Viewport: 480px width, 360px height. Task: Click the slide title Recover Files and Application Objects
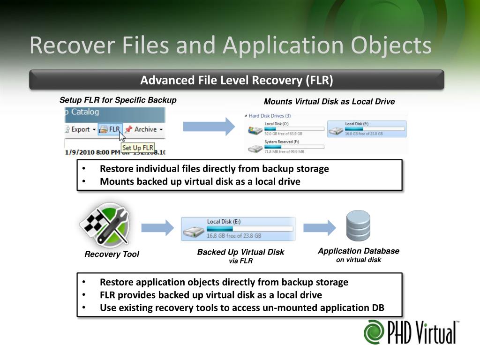[x=230, y=46]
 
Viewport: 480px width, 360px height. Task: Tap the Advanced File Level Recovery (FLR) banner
[x=237, y=80]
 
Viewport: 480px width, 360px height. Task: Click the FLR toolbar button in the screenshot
[x=111, y=129]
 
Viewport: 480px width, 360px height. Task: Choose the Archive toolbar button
[x=143, y=129]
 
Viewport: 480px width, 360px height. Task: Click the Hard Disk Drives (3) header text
[x=270, y=115]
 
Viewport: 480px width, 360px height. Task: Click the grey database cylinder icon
[x=358, y=225]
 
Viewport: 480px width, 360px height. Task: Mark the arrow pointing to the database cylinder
[x=320, y=228]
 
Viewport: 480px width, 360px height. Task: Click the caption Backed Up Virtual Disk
[x=240, y=252]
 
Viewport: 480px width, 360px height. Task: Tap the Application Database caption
[x=359, y=251]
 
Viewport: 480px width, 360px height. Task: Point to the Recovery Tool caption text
[x=112, y=254]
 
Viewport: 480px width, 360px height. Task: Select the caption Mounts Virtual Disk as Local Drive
[x=329, y=102]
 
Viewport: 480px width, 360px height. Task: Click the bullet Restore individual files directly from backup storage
[x=214, y=169]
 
